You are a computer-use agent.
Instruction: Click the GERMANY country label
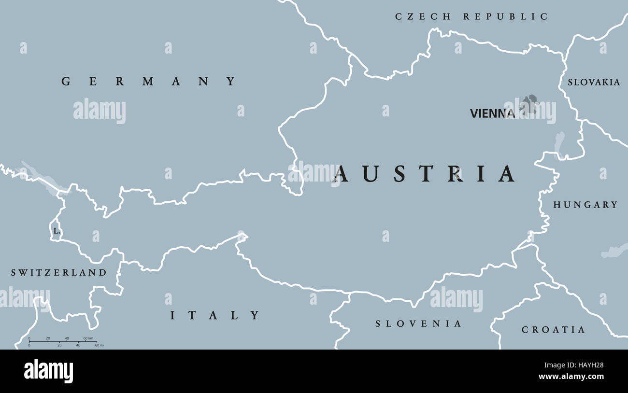click(149, 82)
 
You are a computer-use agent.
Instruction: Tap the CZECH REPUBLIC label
click(471, 17)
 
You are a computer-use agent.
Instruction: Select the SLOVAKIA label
click(594, 83)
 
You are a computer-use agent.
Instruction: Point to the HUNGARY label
click(585, 205)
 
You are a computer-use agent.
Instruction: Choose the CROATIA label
click(553, 330)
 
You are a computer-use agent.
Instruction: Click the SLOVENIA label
click(419, 323)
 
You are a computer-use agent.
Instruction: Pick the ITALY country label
click(215, 316)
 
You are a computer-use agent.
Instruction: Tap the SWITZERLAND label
click(59, 273)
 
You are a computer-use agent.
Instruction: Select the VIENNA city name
click(492, 113)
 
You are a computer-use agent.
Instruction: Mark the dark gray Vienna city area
click(530, 104)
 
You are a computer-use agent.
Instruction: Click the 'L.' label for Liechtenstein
click(57, 231)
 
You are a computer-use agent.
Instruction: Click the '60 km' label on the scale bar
click(88, 338)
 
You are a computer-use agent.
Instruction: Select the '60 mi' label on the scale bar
click(99, 345)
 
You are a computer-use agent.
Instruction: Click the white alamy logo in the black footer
click(48, 371)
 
